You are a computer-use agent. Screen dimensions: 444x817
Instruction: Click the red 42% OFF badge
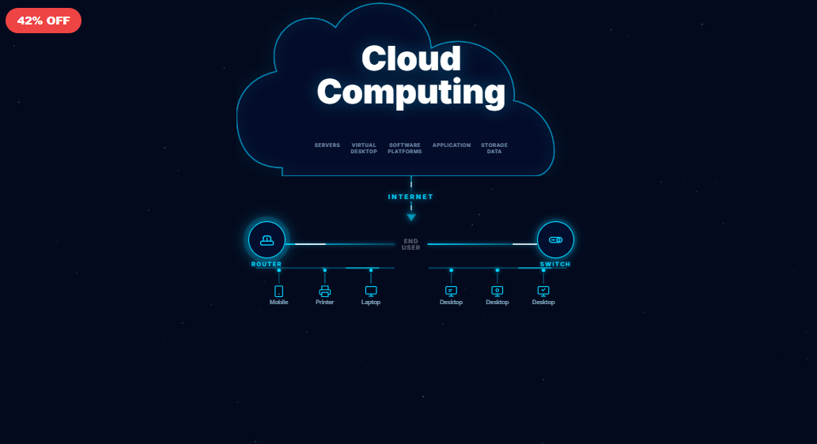43,21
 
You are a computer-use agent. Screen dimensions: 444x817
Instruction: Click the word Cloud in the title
410,59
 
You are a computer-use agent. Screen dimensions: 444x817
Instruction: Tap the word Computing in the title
410,92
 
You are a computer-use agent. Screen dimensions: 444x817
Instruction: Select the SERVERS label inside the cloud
327,145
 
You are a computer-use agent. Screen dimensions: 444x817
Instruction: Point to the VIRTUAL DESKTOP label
364,149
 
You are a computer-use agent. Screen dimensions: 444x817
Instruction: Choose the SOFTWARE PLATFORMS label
405,149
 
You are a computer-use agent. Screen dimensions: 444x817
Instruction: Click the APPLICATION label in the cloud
452,145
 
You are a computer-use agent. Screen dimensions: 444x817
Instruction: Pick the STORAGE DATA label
494,149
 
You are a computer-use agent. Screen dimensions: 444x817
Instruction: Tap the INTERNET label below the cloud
410,197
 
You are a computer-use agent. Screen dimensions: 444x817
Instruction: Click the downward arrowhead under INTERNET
411,217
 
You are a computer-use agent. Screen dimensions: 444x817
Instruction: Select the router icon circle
267,240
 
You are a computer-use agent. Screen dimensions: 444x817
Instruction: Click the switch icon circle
555,239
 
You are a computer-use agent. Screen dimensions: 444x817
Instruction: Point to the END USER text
411,245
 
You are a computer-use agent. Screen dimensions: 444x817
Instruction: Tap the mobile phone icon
278,292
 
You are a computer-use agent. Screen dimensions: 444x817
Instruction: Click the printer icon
324,292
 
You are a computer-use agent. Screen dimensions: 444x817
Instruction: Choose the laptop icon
371,292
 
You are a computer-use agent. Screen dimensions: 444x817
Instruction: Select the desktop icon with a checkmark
543,292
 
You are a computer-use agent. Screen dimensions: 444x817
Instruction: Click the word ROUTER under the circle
267,264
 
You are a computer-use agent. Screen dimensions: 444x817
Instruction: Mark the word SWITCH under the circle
555,264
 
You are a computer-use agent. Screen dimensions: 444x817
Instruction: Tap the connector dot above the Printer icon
324,270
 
